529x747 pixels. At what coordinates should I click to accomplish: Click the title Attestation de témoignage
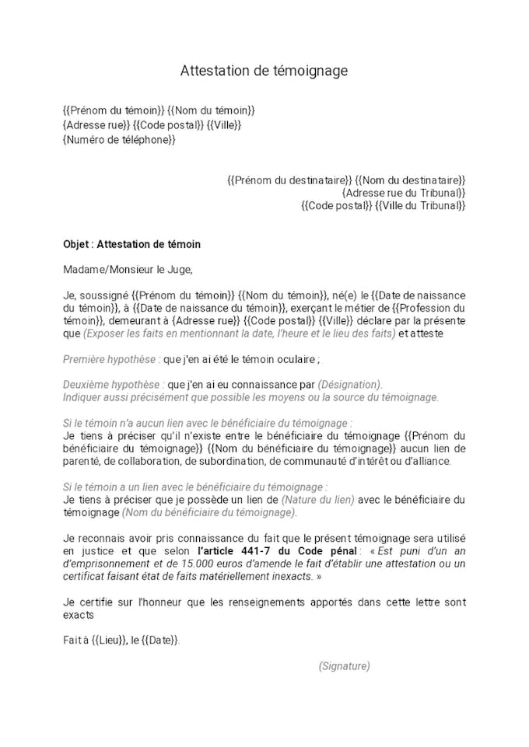coord(264,71)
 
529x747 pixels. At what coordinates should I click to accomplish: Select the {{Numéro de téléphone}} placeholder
coord(119,140)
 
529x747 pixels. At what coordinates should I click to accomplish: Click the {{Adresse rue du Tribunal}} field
coord(404,193)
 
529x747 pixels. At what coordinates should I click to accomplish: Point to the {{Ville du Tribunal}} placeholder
coord(420,206)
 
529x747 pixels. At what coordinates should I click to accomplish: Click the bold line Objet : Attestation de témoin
coord(131,244)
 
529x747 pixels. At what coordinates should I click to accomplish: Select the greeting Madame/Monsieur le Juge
coord(127,270)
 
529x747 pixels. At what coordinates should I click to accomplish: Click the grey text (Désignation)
coord(350,385)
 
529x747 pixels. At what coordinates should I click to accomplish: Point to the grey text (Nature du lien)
coord(320,499)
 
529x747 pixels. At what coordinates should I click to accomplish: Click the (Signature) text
coord(344,666)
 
